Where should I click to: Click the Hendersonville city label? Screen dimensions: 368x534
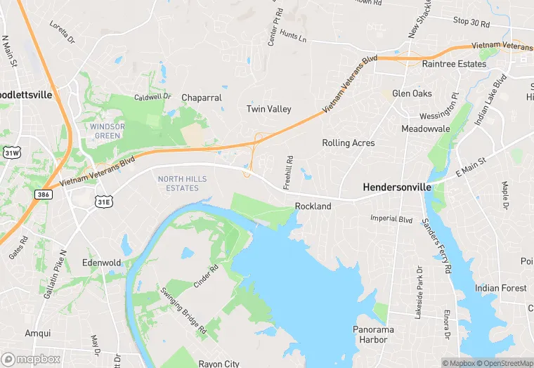pyautogui.click(x=395, y=188)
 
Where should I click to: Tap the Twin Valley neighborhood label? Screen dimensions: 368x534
pyautogui.click(x=268, y=109)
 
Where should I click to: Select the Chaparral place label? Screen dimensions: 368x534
pyautogui.click(x=202, y=98)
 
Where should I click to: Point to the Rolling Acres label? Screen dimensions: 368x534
pyautogui.click(x=348, y=143)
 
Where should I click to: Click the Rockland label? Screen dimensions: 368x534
pyautogui.click(x=313, y=206)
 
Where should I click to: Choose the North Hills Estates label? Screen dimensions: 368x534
pyautogui.click(x=182, y=183)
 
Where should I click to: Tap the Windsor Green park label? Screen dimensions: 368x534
pyautogui.click(x=107, y=131)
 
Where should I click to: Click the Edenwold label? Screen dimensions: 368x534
pyautogui.click(x=101, y=263)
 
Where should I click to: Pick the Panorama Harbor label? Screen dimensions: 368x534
pyautogui.click(x=373, y=334)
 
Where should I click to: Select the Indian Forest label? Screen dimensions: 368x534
pyautogui.click(x=500, y=288)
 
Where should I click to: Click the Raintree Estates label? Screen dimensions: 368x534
pyautogui.click(x=453, y=64)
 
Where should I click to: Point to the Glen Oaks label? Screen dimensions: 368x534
pyautogui.click(x=412, y=93)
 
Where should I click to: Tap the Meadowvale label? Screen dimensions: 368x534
pyautogui.click(x=425, y=129)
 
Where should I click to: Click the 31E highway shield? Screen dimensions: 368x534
pyautogui.click(x=103, y=202)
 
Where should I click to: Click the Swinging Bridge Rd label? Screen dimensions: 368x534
pyautogui.click(x=183, y=310)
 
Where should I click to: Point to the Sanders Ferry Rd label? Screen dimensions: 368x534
pyautogui.click(x=436, y=246)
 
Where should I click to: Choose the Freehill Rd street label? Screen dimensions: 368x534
pyautogui.click(x=287, y=171)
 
